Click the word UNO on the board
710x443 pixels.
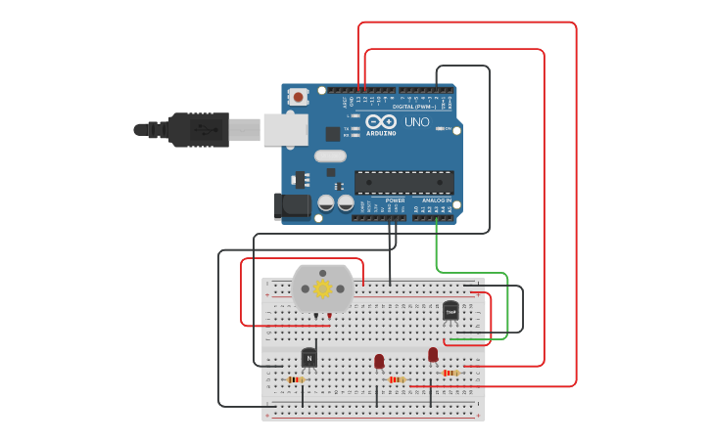(x=417, y=122)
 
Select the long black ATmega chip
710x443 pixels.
(x=403, y=183)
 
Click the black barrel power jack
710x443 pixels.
(x=292, y=205)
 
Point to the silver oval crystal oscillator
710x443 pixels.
(x=330, y=155)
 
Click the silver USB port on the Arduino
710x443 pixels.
(x=285, y=129)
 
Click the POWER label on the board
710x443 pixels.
(x=395, y=200)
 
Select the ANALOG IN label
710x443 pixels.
(x=437, y=200)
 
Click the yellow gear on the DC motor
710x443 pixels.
(x=322, y=288)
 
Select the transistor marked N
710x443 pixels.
(x=309, y=358)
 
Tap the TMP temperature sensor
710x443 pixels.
(x=450, y=310)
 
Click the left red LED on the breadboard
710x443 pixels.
(x=379, y=361)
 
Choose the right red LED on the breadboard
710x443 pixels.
(x=433, y=354)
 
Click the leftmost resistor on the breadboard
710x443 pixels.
(x=296, y=379)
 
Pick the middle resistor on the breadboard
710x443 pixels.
(x=396, y=379)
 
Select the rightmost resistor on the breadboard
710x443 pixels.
(x=450, y=373)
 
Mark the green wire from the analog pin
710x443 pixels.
(x=470, y=273)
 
